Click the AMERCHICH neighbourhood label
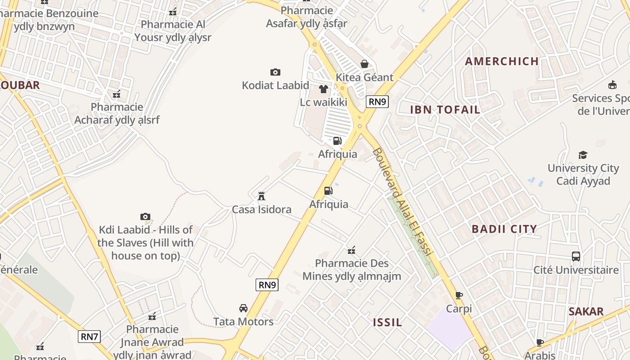click(502, 61)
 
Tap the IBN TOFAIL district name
click(445, 109)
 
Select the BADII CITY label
click(504, 229)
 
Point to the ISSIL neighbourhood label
click(387, 322)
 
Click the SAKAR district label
click(585, 311)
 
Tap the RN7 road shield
click(89, 337)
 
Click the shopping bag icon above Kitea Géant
click(364, 64)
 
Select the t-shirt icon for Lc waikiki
click(323, 89)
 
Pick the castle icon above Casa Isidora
click(261, 196)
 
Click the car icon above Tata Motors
click(243, 308)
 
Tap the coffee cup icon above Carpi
click(459, 296)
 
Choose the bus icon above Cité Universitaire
click(576, 256)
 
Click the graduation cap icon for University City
click(583, 155)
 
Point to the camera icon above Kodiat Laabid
click(275, 72)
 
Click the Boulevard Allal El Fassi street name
click(402, 202)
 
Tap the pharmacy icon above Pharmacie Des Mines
click(351, 250)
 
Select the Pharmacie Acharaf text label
click(117, 113)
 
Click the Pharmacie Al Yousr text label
click(173, 31)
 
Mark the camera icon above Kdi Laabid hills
click(145, 217)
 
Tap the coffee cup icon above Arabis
click(540, 343)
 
